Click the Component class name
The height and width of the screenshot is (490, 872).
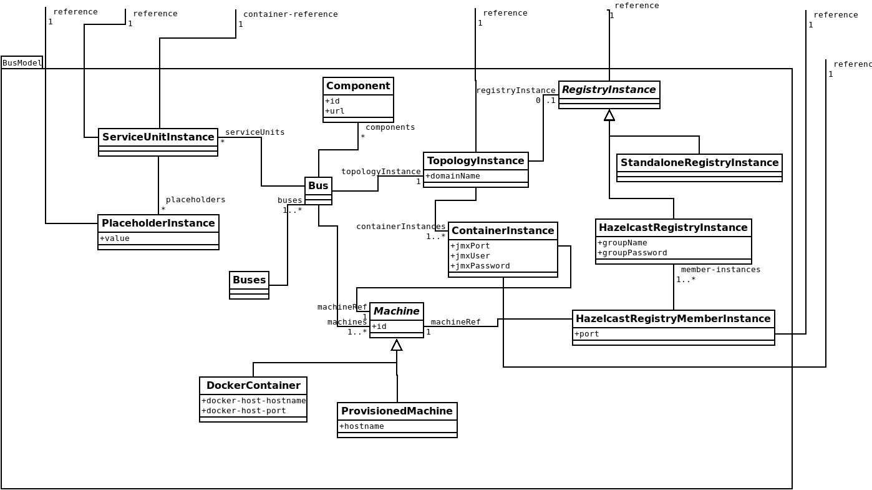click(x=358, y=86)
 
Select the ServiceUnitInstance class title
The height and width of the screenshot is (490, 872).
click(x=158, y=137)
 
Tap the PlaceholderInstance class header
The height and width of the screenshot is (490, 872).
click(x=158, y=223)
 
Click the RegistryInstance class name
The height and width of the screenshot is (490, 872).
click(x=609, y=90)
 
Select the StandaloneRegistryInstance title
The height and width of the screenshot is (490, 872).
click(x=699, y=163)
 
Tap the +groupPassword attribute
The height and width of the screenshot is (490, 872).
click(x=632, y=253)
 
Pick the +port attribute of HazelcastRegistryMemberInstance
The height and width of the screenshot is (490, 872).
click(x=587, y=334)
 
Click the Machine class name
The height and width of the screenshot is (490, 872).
click(x=396, y=311)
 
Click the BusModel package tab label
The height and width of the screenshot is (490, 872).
click(x=22, y=63)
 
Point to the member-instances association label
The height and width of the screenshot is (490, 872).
click(x=720, y=270)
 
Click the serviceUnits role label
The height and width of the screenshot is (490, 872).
click(x=254, y=132)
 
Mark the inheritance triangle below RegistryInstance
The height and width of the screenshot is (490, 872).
click(x=609, y=115)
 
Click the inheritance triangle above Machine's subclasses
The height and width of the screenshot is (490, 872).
click(x=397, y=345)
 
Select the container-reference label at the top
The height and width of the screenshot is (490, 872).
click(x=290, y=14)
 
